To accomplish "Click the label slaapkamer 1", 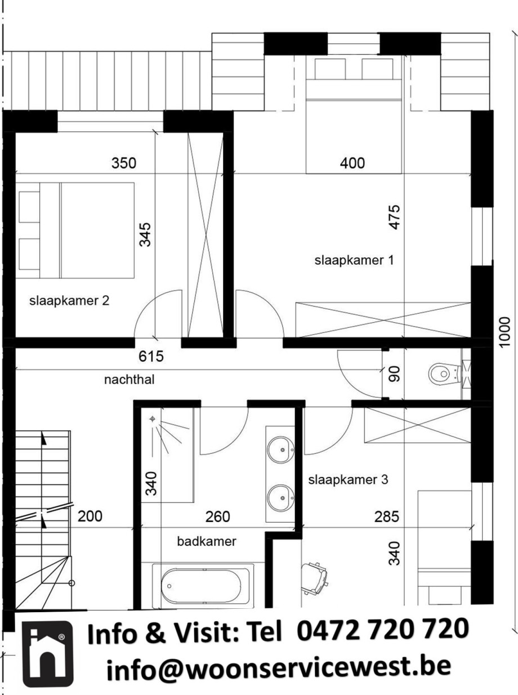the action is [x=354, y=260].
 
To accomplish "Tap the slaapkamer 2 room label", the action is [x=69, y=301].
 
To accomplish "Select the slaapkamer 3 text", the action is [x=348, y=480].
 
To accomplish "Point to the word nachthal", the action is [x=129, y=379].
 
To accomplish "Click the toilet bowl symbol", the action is [x=444, y=374].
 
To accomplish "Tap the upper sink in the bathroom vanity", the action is [x=281, y=450].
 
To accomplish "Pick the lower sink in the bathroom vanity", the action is [x=281, y=498].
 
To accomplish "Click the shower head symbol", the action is [x=153, y=419].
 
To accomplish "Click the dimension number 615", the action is [x=151, y=356].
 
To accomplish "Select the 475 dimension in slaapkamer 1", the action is [x=395, y=217].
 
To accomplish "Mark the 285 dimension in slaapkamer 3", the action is [x=387, y=516].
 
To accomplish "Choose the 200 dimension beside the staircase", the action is [x=90, y=516].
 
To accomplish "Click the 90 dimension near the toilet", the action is [x=395, y=374].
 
